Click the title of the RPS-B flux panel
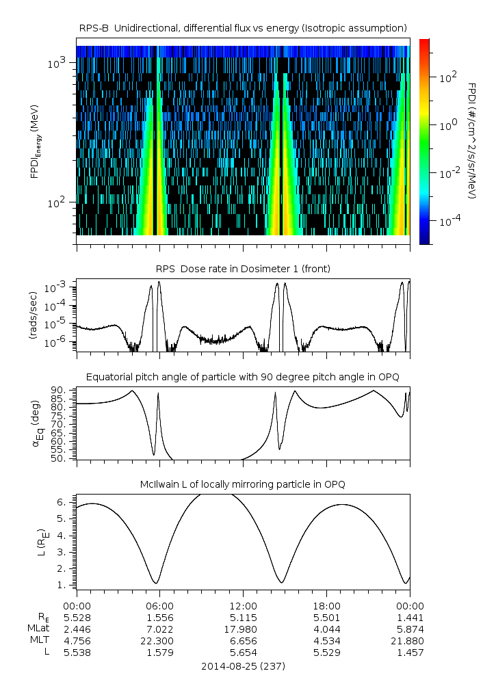click(243, 27)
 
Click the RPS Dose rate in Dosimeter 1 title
click(243, 269)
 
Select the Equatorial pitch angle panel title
click(243, 377)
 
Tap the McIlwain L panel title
click(243, 484)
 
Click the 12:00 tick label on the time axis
click(243, 605)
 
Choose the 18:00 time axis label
click(326, 605)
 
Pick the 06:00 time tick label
click(159, 605)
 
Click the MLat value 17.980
click(243, 629)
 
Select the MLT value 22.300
click(159, 641)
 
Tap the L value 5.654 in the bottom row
click(243, 653)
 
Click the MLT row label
click(36, 641)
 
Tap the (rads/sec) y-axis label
click(32, 315)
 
